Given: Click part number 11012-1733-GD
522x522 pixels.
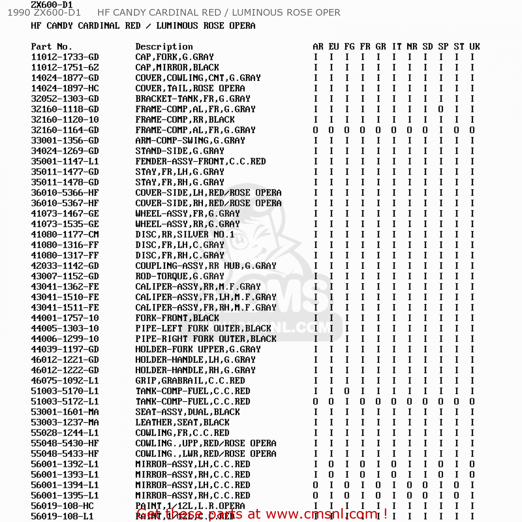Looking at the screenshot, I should (x=65, y=57).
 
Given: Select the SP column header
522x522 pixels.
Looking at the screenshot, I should (x=443, y=47).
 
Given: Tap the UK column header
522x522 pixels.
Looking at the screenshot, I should (x=474, y=47).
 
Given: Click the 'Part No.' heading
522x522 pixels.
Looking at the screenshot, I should (x=51, y=47).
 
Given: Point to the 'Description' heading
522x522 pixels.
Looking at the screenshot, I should (x=164, y=47).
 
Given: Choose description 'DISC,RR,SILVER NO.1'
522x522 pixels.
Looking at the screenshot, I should (x=185, y=235).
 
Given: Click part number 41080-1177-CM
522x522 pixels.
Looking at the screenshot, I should (x=65, y=235).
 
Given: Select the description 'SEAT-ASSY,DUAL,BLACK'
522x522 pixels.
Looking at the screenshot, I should (x=188, y=412).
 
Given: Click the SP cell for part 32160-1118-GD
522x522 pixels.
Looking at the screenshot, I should (x=441, y=109).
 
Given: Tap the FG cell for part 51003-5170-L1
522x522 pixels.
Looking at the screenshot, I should (x=347, y=391).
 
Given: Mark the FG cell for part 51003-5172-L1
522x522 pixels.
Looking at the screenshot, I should (x=347, y=402).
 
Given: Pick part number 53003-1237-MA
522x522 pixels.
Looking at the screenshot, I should (x=65, y=422).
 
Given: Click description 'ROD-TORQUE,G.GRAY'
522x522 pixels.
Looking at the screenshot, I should (x=180, y=276).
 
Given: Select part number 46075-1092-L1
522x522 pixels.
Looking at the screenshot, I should (x=65, y=381).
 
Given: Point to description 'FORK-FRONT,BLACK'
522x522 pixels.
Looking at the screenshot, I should (x=177, y=318).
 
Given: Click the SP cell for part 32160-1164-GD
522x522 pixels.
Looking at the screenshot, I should (x=441, y=130).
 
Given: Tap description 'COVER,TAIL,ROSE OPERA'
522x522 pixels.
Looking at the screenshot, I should (x=190, y=88).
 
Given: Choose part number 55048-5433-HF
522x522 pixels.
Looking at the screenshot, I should (x=65, y=454).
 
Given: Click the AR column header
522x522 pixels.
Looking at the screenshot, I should (x=318, y=47).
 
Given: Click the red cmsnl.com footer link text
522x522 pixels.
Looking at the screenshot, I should (x=262, y=514).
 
